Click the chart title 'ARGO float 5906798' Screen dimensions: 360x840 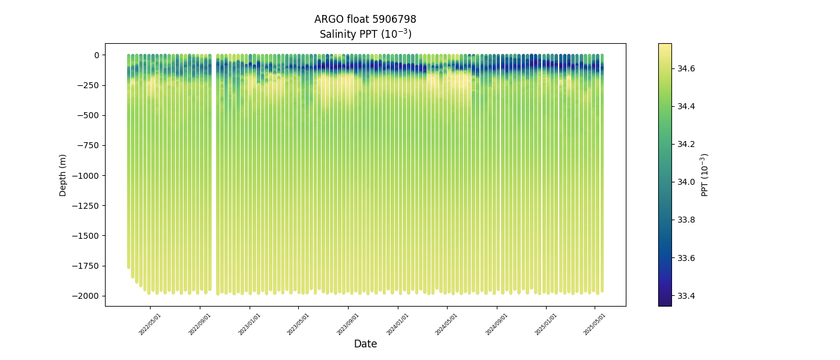click(365, 19)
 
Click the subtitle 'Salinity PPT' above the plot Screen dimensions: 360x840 click(365, 34)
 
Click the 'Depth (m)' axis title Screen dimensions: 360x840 click(63, 175)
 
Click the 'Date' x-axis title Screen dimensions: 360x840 click(365, 344)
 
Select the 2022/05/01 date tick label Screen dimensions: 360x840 click(150, 324)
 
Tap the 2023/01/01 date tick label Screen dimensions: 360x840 click(250, 324)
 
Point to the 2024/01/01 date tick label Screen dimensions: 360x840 click(398, 324)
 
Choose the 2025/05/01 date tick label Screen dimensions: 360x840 click(595, 324)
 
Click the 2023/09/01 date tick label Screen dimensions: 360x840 click(349, 324)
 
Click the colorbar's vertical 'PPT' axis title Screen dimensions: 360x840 click(705, 175)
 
